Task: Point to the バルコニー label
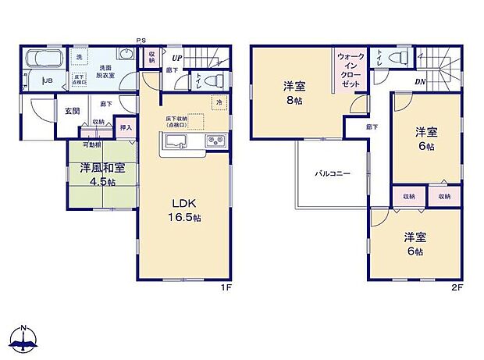[x=332, y=173]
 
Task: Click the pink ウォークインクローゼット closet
[x=349, y=70]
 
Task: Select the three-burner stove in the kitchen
[x=215, y=141]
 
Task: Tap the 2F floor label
[x=457, y=287]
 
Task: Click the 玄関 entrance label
[x=72, y=111]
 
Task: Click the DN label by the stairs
[x=419, y=81]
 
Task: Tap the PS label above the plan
[x=141, y=40]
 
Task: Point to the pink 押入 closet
[x=126, y=127]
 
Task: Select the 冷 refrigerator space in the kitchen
[x=219, y=102]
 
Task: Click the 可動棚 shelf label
[x=93, y=144]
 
